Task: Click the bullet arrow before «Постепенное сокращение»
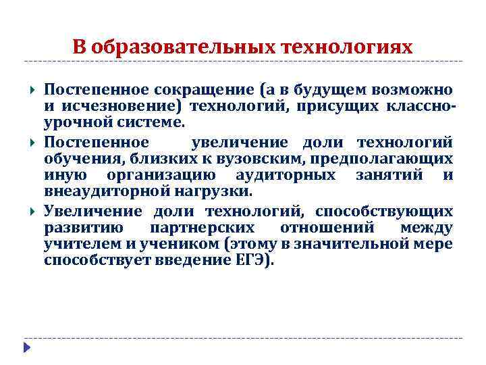pos(31,90)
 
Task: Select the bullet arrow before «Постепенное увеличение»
pos(31,142)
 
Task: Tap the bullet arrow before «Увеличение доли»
pos(31,212)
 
